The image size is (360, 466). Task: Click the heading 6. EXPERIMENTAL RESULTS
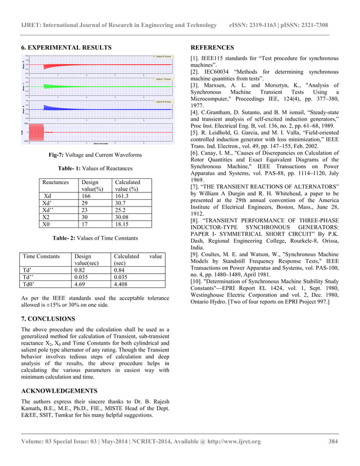coord(66,47)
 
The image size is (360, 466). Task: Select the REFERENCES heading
coord(212,47)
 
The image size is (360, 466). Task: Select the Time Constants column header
coord(41,256)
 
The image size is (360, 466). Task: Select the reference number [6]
coord(195,153)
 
